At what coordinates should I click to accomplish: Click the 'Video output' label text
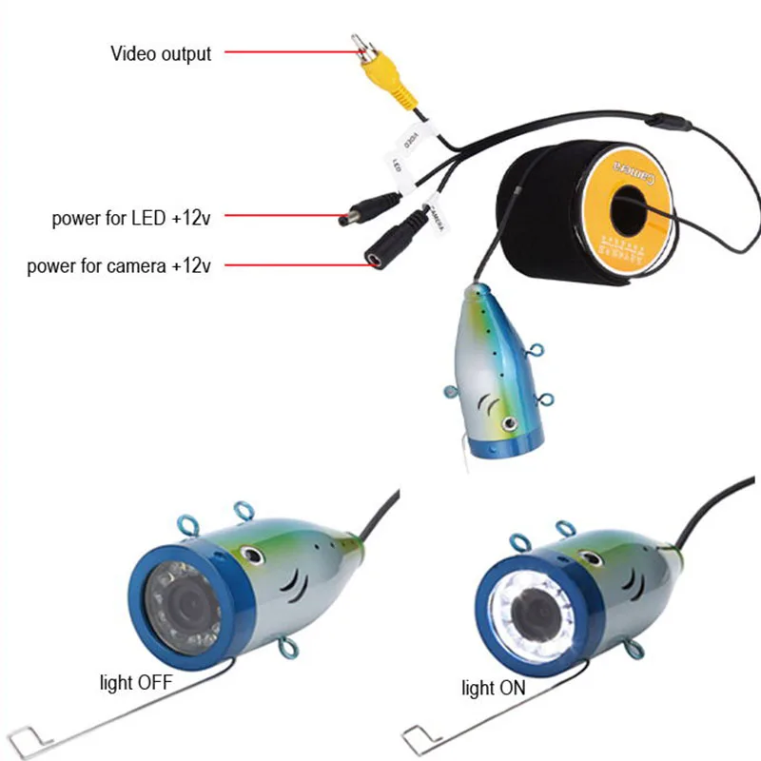(161, 54)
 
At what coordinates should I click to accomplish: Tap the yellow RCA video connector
(374, 77)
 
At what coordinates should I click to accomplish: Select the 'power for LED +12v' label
(131, 219)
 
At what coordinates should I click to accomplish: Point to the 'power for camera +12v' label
(119, 266)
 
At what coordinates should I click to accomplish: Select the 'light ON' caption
(493, 688)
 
